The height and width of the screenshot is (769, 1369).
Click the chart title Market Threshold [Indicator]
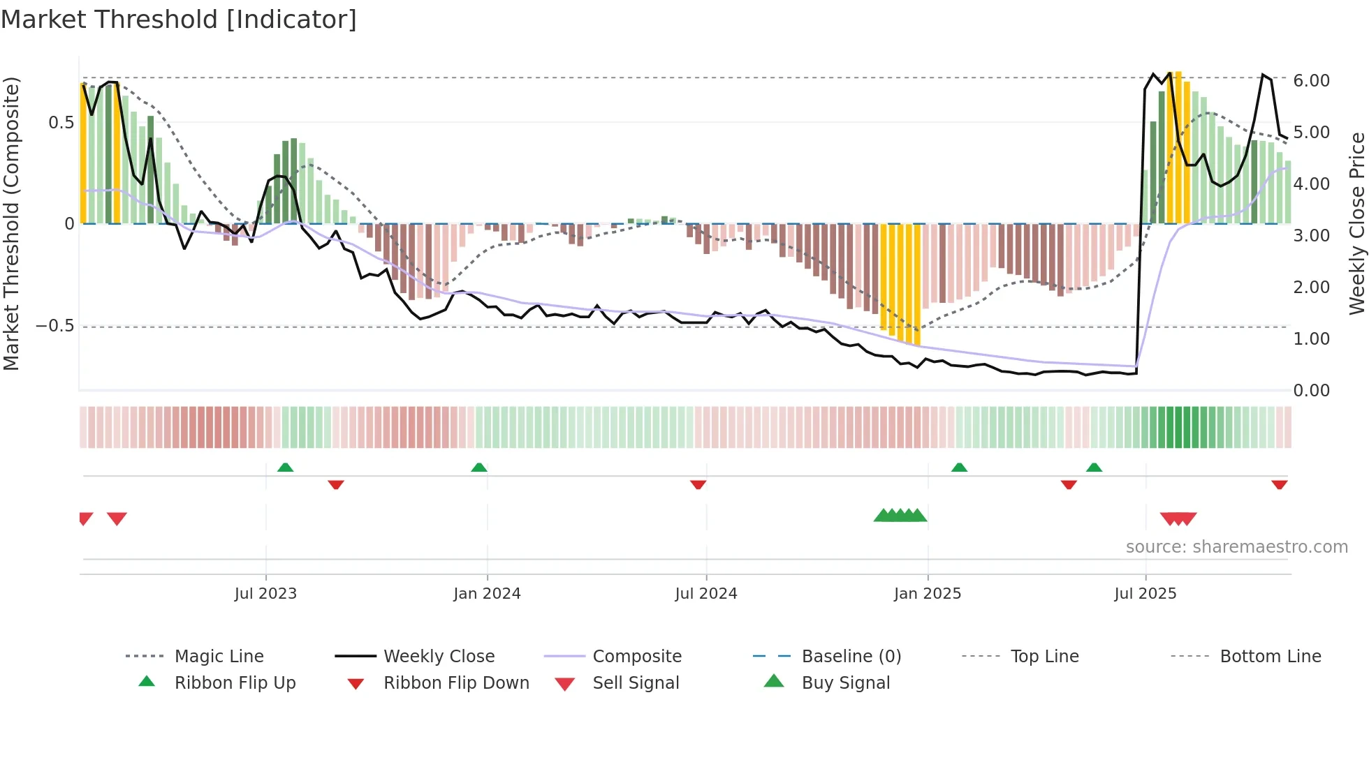[179, 20]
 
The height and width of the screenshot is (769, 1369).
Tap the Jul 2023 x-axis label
[265, 594]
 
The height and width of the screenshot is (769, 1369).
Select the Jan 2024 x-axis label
[487, 594]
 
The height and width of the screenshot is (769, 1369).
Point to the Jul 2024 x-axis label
[705, 594]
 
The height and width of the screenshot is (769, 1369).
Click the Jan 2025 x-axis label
[927, 594]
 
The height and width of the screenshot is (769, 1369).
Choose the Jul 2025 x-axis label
[1145, 594]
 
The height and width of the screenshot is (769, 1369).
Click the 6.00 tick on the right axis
[1311, 81]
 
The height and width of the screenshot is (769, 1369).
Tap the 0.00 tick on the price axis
[1311, 391]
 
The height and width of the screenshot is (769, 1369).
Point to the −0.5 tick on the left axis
[55, 326]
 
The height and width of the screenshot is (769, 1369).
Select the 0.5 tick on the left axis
[61, 123]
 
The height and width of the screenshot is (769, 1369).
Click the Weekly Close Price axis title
[1356, 223]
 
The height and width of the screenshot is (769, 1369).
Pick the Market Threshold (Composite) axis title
[12, 223]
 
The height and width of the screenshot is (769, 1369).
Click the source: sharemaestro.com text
[1236, 547]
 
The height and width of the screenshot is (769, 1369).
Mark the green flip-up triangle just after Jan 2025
[959, 468]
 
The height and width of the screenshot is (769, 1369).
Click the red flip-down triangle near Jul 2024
[698, 484]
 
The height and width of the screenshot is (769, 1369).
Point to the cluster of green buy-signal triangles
[900, 516]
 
